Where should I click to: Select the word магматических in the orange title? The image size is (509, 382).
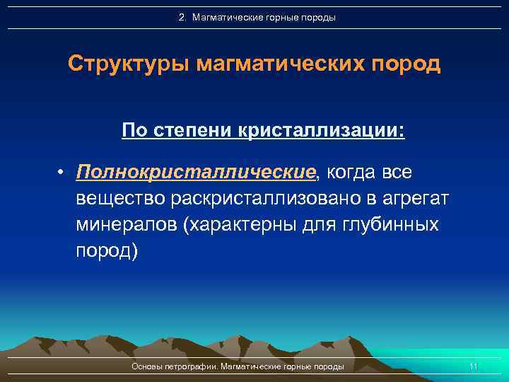[x=283, y=64]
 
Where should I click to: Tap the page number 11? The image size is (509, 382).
[x=474, y=366]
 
